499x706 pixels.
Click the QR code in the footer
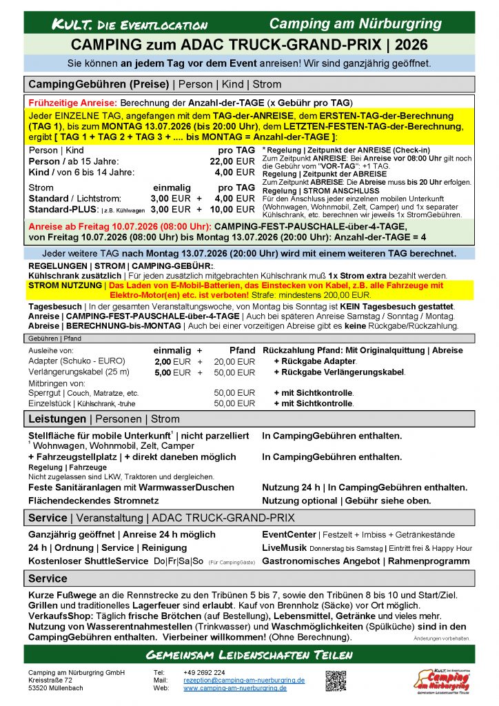pos(336,679)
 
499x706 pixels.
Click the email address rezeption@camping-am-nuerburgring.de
pos(244,680)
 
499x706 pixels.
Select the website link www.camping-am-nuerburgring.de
pos(235,688)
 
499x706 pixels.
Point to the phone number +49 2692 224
pos(204,672)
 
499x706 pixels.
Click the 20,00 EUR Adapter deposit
pos(234,361)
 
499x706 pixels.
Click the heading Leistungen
pos(57,418)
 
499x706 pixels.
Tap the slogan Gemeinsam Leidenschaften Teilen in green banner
pos(249,654)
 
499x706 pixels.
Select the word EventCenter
pos(289,534)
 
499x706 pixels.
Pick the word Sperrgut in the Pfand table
pos(45,393)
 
